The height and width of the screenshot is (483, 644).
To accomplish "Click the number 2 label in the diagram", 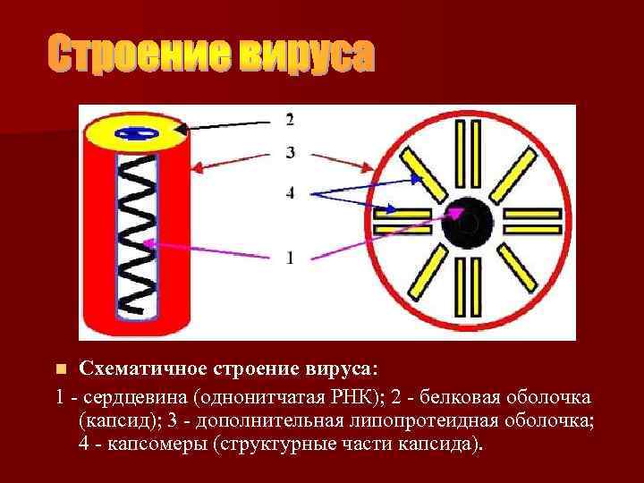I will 290,120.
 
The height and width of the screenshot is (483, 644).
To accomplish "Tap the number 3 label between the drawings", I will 290,153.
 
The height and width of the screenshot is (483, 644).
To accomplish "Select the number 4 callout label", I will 290,191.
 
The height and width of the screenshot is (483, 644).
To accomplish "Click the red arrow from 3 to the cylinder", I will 233,158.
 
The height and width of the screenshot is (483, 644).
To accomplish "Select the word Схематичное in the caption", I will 144,369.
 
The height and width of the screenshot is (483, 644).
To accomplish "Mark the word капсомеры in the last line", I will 156,445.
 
